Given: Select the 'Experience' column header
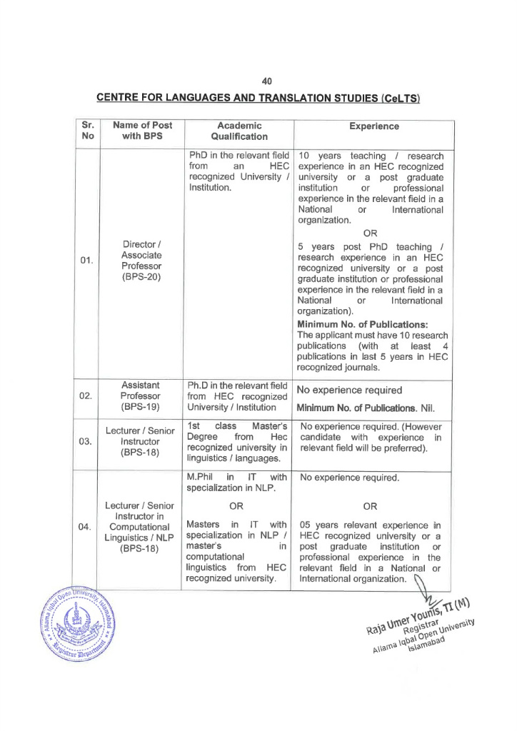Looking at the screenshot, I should (374, 126).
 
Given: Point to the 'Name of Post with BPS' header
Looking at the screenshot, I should (142, 131).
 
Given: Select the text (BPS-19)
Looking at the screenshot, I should (141, 408).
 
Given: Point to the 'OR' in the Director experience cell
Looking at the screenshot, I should (370, 233).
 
